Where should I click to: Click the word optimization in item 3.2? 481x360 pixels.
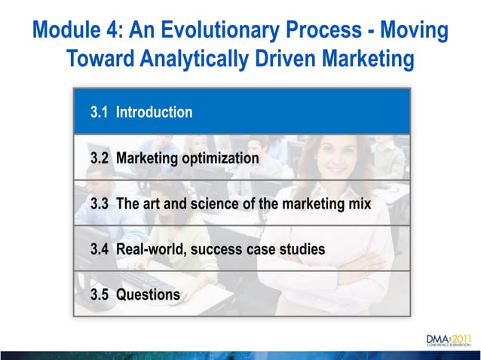[x=219, y=158]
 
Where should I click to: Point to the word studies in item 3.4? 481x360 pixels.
[x=302, y=249]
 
